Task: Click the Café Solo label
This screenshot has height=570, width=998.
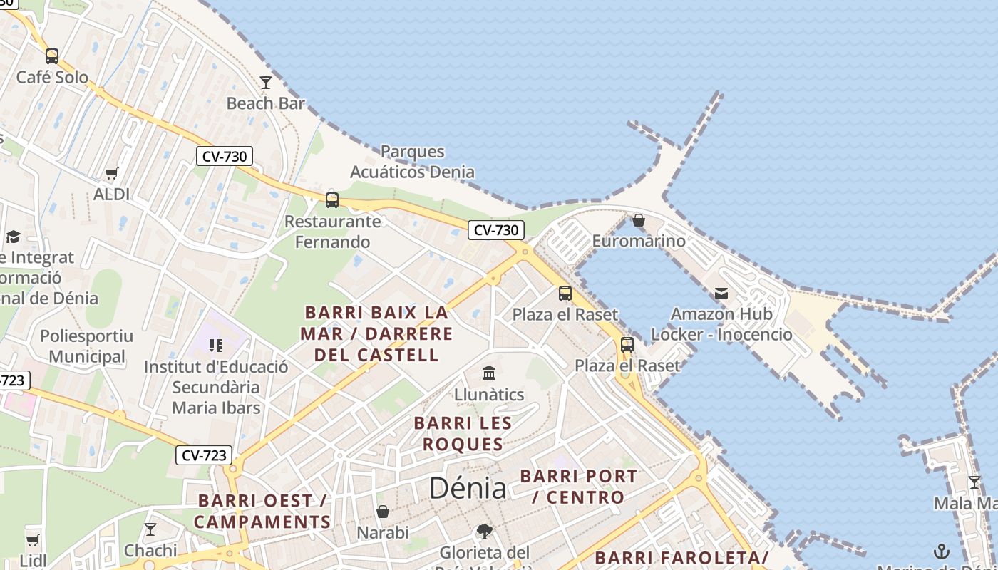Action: point(52,77)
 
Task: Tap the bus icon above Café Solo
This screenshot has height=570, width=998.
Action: point(52,56)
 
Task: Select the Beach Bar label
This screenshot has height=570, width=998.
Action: point(265,103)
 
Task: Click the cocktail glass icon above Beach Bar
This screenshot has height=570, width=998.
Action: point(266,83)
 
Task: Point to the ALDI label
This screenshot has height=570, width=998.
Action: point(112,194)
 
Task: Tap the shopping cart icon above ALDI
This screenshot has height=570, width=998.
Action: point(112,173)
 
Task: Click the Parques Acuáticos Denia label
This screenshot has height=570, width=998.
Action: point(412,162)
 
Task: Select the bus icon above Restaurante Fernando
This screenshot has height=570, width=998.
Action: point(332,200)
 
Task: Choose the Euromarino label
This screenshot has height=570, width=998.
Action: point(639,241)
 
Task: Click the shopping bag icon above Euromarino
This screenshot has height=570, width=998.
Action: point(639,220)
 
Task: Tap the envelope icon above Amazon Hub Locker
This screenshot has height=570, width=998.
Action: point(721,293)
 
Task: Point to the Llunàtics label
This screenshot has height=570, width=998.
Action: point(489,394)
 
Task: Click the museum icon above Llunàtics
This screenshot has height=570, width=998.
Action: point(489,373)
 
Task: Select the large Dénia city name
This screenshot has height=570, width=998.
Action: point(468,488)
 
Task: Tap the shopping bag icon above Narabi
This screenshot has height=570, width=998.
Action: point(383,512)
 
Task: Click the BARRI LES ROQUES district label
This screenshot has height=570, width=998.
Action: point(463,434)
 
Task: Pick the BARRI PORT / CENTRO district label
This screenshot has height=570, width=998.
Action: point(578,487)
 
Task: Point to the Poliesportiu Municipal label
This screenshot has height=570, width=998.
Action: point(87,346)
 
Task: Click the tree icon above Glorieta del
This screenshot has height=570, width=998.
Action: point(485,531)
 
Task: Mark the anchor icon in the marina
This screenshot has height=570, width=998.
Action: point(942,551)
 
